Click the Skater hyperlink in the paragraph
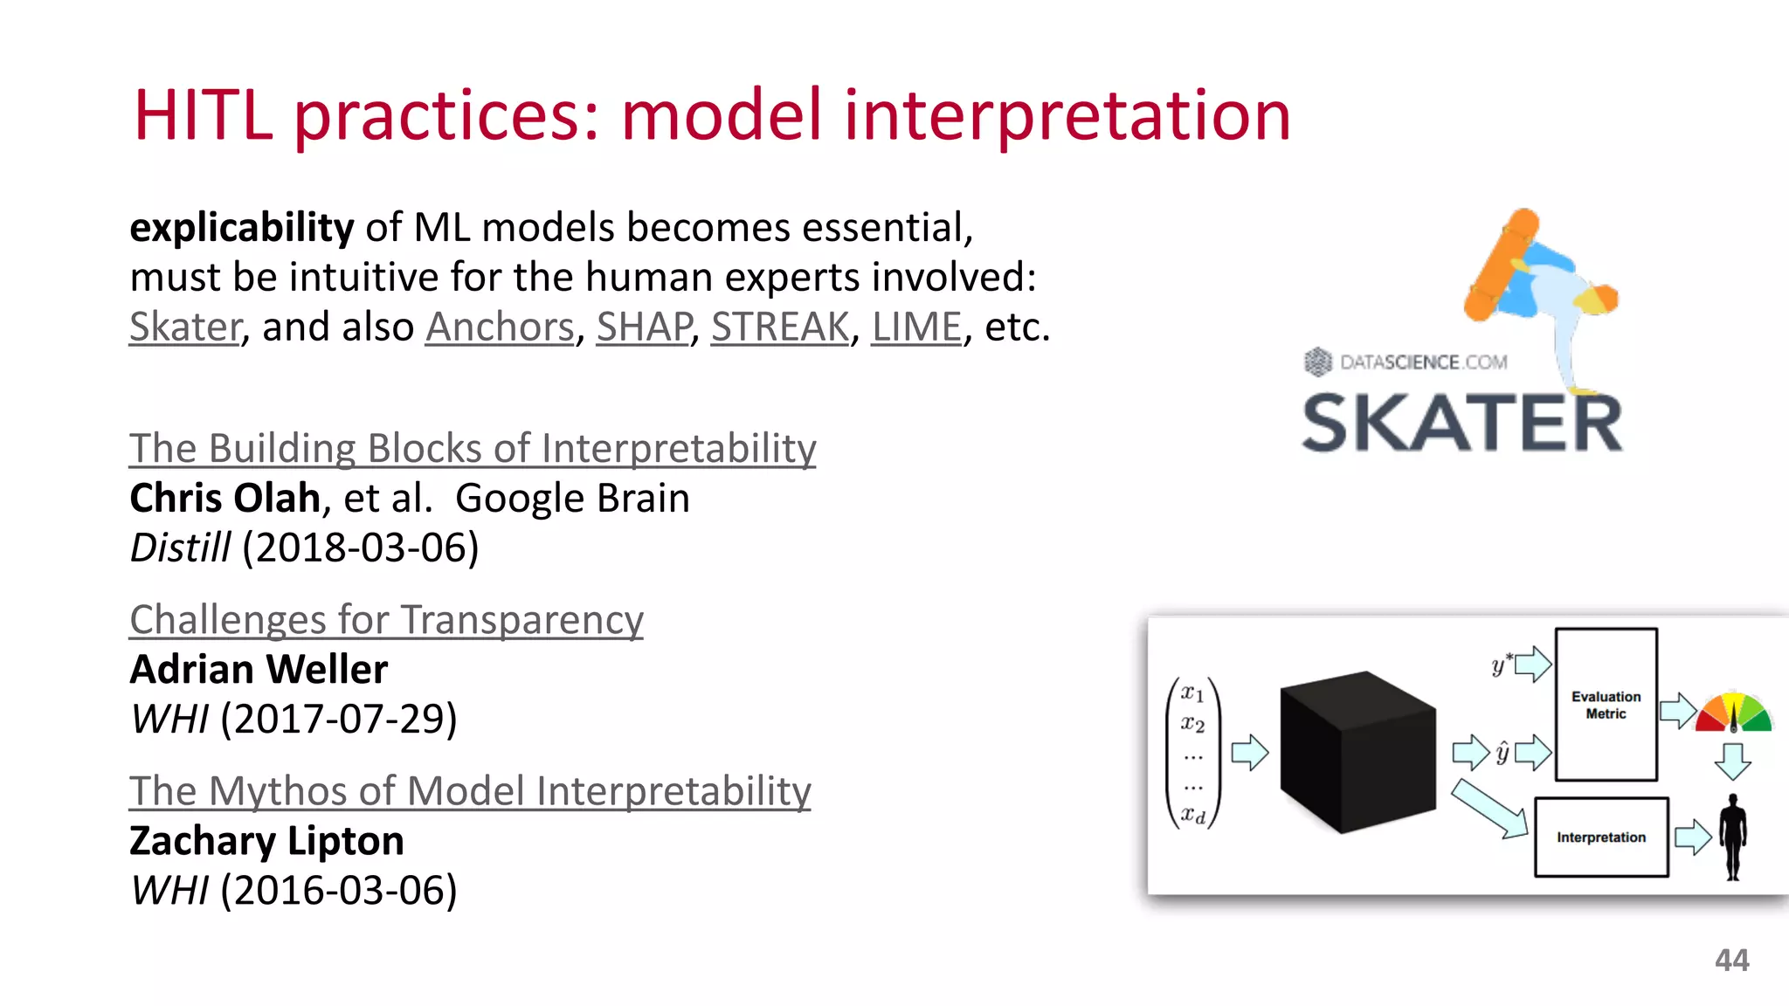(x=185, y=327)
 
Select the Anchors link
(x=500, y=327)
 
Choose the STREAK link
(x=780, y=327)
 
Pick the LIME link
(x=916, y=327)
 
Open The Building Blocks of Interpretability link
(x=473, y=448)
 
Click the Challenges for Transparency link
(x=386, y=620)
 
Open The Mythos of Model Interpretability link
(x=470, y=791)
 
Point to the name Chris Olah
(x=225, y=498)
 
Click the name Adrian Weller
(x=259, y=670)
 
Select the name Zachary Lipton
(x=266, y=841)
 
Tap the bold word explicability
(x=241, y=228)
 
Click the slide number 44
(x=1731, y=961)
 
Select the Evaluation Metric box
(x=1606, y=705)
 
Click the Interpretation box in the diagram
(x=1600, y=837)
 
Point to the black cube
(x=1357, y=752)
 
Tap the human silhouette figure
(x=1732, y=837)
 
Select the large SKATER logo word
(x=1461, y=424)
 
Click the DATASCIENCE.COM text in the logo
(x=1423, y=362)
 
